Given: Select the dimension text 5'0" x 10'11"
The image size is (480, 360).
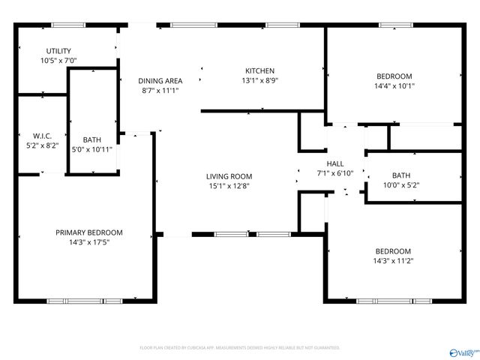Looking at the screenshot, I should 92,149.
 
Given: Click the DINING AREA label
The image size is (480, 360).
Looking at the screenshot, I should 160,80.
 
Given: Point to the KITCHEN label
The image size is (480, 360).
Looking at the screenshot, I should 259,71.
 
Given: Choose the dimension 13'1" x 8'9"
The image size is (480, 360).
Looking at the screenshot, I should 259,81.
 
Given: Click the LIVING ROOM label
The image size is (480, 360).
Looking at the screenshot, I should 229,177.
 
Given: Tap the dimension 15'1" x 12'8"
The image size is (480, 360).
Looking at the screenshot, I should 229,187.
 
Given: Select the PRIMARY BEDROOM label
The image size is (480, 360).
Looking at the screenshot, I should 88,232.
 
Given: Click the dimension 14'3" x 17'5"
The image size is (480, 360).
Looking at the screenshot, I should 88,242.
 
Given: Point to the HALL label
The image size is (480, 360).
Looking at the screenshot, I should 335,163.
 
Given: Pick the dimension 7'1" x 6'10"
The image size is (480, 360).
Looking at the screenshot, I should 335,173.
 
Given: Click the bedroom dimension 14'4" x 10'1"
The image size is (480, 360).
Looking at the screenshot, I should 394,86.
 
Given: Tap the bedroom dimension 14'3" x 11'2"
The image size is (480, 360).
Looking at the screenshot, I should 394,261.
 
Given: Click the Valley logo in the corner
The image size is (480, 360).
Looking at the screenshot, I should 462,350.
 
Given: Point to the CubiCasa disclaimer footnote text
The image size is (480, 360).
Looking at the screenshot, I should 240,348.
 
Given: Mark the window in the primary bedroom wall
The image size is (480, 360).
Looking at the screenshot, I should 84,301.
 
